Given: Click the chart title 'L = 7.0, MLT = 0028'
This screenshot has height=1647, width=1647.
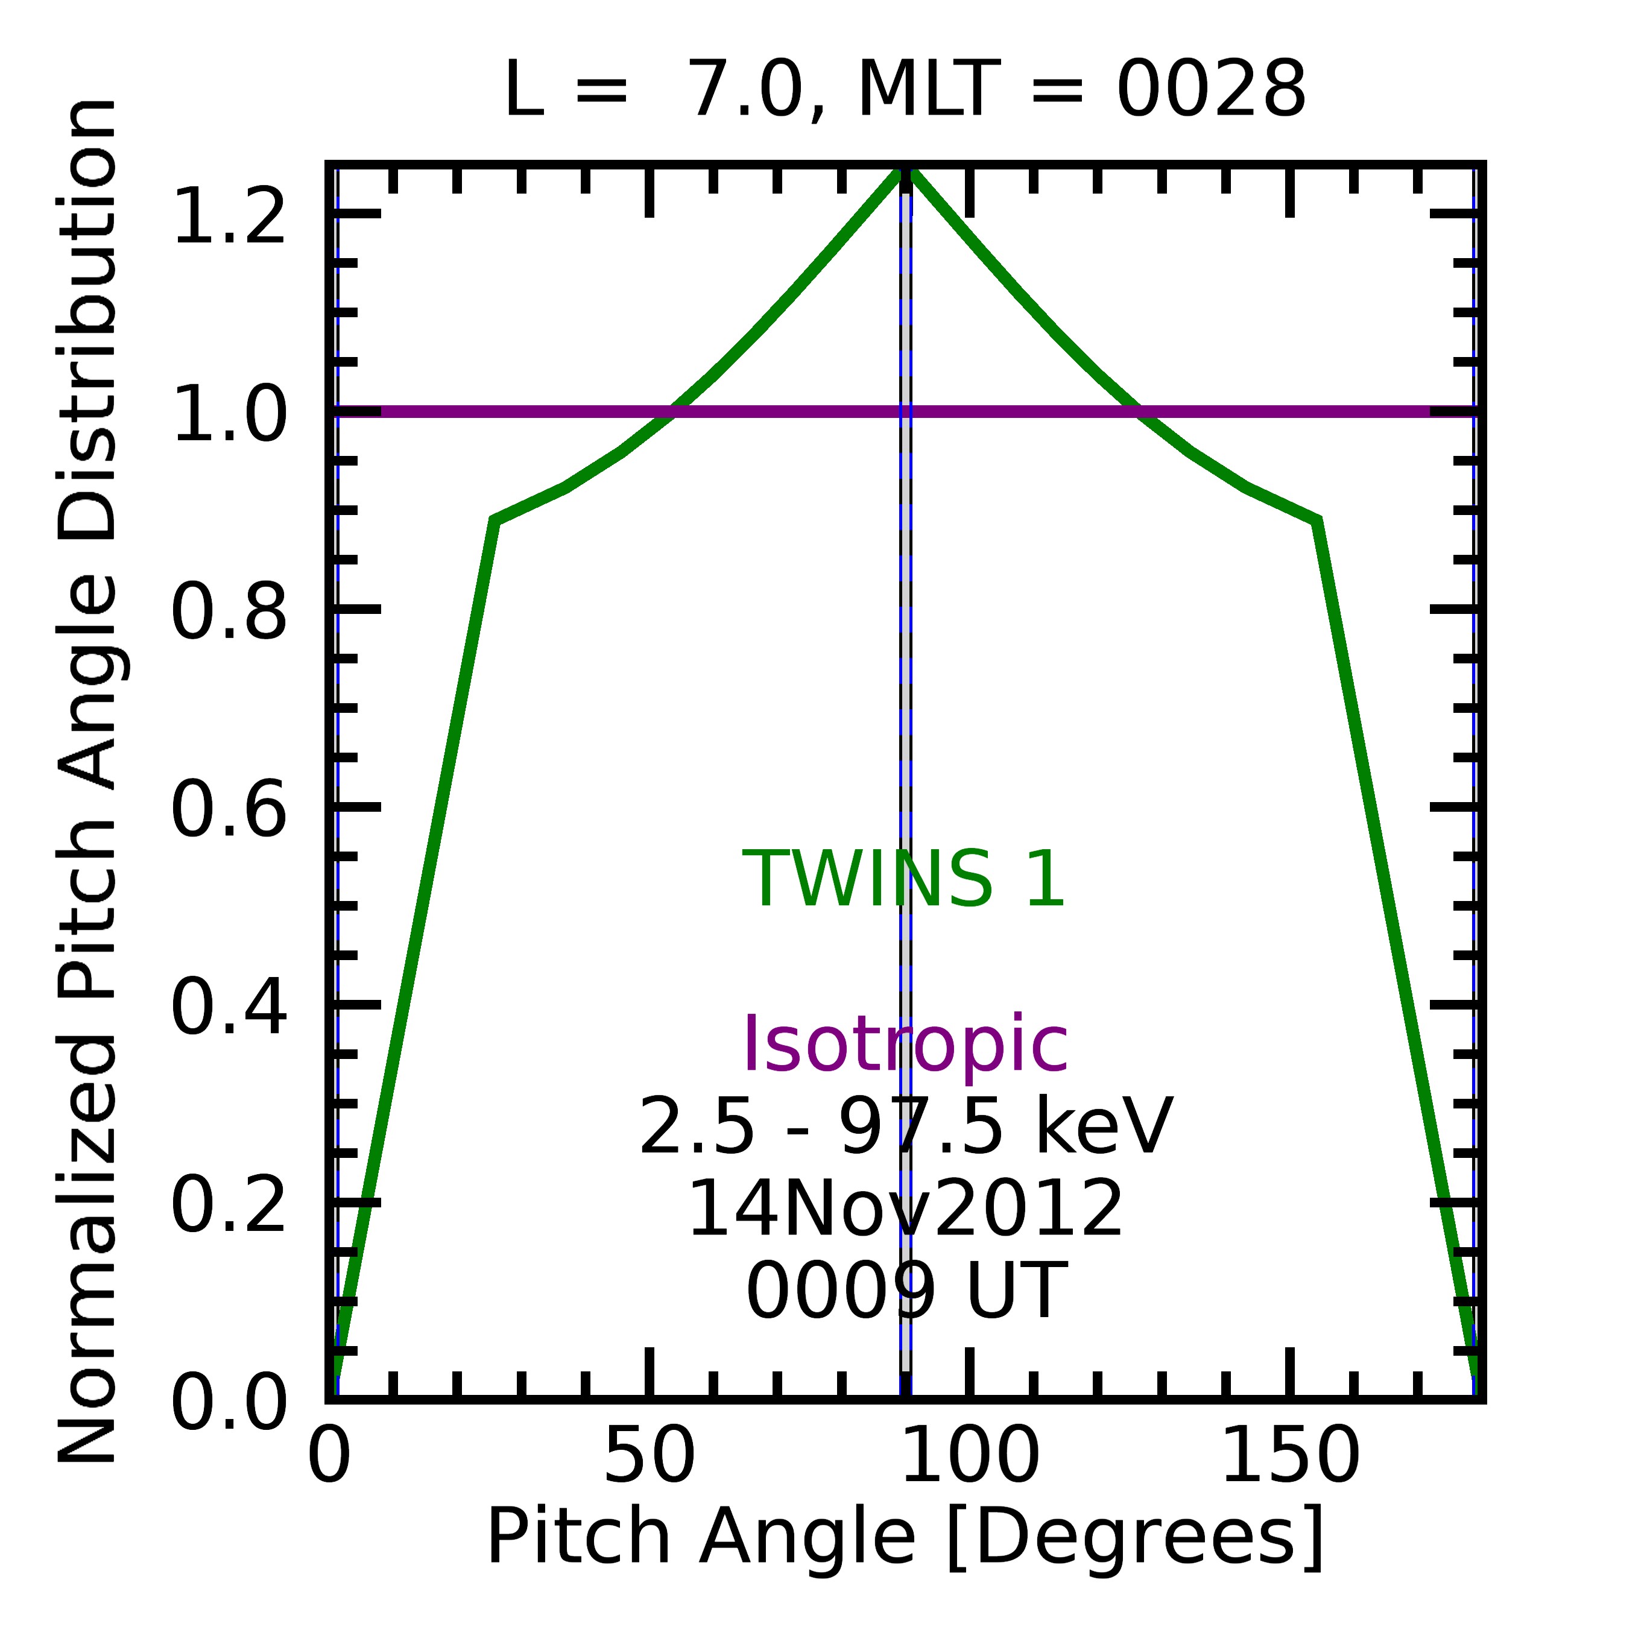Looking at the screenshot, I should pos(905,90).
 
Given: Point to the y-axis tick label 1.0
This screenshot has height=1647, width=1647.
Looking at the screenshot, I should pos(229,414).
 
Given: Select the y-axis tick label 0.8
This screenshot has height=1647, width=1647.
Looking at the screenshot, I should pos(229,612).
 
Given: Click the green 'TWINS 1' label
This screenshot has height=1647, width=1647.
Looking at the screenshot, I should pos(905,880).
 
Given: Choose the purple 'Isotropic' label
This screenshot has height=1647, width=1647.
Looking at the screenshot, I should pos(905,1045).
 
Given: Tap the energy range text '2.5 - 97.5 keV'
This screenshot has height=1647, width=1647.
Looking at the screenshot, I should pos(905,1127).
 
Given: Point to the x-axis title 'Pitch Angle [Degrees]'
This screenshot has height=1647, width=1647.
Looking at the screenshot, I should pos(905,1536).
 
